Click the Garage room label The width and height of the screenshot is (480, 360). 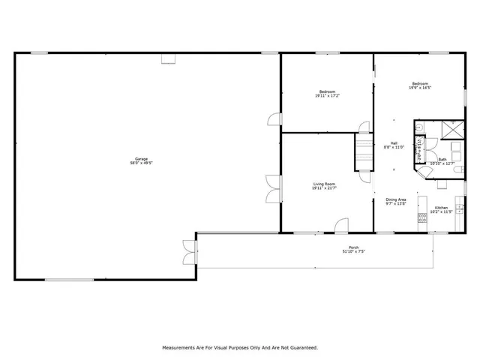(141, 158)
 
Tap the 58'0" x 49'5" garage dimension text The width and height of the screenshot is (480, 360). (141, 162)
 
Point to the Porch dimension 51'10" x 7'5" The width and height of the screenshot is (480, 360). (353, 251)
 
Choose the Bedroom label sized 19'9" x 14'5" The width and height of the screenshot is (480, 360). (419, 83)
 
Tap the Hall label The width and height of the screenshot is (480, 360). (394, 142)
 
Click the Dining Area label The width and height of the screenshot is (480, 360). (396, 199)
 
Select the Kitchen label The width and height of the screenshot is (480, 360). (441, 207)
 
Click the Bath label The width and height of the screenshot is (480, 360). (442, 159)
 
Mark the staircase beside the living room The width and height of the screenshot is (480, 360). (364, 153)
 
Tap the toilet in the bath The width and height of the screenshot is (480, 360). (459, 172)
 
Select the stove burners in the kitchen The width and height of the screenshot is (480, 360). (422, 214)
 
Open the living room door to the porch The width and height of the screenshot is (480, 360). (341, 225)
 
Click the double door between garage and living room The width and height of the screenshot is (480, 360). (272, 187)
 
